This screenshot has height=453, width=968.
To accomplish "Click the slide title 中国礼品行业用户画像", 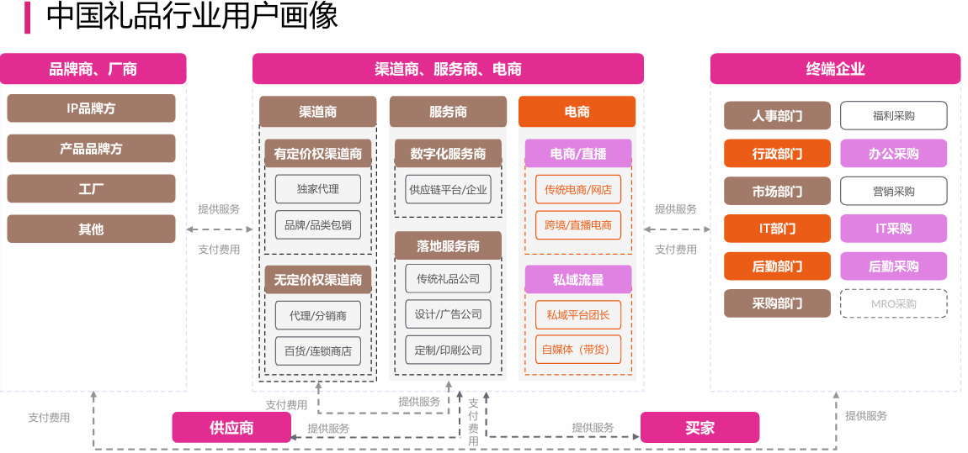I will tap(192, 17).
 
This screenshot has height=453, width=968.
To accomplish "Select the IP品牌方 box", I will tap(91, 108).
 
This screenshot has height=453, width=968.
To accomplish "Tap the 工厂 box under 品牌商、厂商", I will tap(91, 188).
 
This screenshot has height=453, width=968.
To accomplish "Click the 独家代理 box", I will tap(317, 189).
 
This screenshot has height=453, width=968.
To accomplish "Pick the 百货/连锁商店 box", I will tap(317, 351).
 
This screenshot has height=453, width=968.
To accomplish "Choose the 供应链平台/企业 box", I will tap(448, 189).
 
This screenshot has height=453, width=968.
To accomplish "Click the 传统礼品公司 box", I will tap(448, 278).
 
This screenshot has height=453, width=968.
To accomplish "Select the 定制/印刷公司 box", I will tap(448, 350).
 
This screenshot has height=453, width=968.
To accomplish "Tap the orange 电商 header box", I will tap(577, 112).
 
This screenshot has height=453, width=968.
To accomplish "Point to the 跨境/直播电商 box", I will tap(577, 225).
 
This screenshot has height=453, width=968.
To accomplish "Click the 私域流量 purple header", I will tap(577, 279).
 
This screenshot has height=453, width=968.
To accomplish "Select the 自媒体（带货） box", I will tap(577, 350).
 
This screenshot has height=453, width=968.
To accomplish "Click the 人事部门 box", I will tap(777, 116).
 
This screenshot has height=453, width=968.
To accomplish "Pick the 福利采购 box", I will tap(893, 116).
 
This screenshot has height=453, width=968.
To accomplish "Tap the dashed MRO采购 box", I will tap(893, 303).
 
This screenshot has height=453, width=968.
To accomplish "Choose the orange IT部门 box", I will tap(777, 229).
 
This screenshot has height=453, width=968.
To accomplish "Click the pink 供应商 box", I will tap(231, 428).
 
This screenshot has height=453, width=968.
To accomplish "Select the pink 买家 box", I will tap(699, 428).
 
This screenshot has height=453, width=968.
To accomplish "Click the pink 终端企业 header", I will tap(835, 69).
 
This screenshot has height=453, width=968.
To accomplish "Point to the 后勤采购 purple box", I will tap(893, 266).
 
